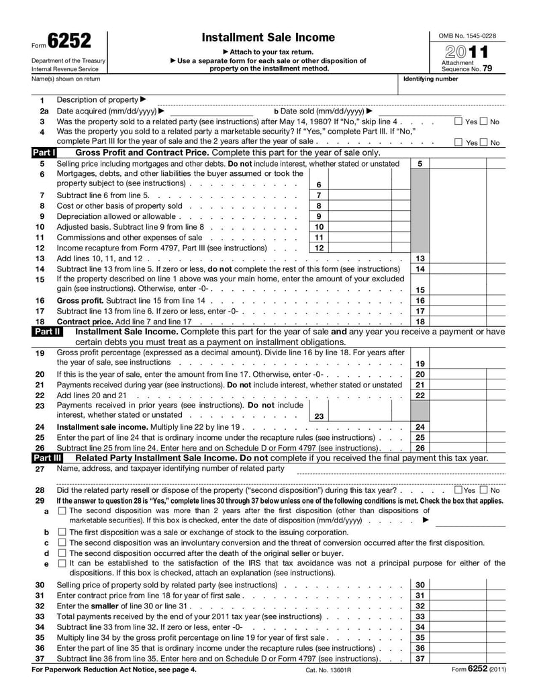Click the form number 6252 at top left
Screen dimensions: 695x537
click(x=68, y=42)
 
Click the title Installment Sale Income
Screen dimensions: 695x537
click(x=268, y=37)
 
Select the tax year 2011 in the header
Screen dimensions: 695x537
click(x=466, y=52)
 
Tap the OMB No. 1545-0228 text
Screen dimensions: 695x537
click(x=467, y=35)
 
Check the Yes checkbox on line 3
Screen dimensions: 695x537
click(x=458, y=122)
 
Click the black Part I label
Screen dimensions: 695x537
click(x=44, y=153)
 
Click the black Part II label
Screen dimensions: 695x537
click(x=47, y=331)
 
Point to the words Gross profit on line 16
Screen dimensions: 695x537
click(x=79, y=301)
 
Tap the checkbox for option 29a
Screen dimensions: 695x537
click(x=62, y=510)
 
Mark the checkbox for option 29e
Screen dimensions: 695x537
click(x=62, y=563)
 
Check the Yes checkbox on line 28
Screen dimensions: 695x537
click(x=458, y=490)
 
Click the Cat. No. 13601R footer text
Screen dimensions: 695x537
click(x=329, y=670)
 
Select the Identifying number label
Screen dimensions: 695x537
click(x=430, y=79)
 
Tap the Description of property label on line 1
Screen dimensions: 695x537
click(x=97, y=99)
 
